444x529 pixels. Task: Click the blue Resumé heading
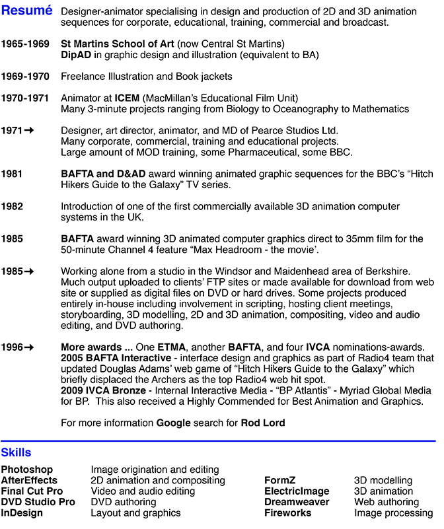coord(27,12)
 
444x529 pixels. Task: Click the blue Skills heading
coord(16,453)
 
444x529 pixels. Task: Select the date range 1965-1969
coord(25,44)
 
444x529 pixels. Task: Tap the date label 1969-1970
coord(25,77)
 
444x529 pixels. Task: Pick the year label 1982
coord(12,207)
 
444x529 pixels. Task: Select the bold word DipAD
coord(75,55)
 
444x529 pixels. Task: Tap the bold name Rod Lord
coord(263,423)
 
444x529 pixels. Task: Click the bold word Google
coord(174,423)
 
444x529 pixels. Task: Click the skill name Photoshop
coord(27,470)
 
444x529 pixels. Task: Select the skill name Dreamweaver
coord(297,502)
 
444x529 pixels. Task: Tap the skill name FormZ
coord(281,481)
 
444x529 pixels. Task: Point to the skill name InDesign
coord(22,512)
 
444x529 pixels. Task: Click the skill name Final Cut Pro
coord(32,491)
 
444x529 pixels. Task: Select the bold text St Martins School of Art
coord(118,44)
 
